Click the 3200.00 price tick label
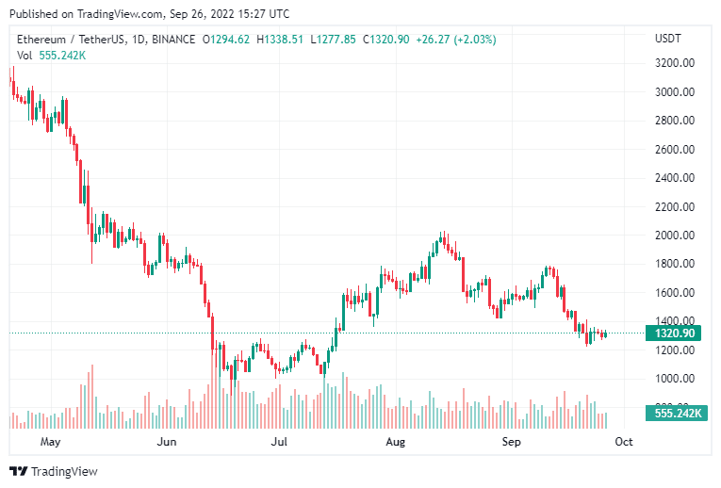point(676,63)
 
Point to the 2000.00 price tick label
point(676,236)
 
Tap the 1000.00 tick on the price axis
point(676,379)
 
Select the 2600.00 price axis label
point(676,150)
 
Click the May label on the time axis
point(50,441)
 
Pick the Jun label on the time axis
point(166,441)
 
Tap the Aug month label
point(396,441)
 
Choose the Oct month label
point(623,441)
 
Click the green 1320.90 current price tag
point(676,333)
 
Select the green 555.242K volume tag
point(676,414)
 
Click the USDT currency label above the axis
point(668,39)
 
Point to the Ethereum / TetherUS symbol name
point(70,39)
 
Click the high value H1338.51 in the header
point(282,39)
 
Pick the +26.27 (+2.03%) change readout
point(457,39)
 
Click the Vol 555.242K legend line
point(52,55)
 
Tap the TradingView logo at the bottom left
point(53,471)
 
